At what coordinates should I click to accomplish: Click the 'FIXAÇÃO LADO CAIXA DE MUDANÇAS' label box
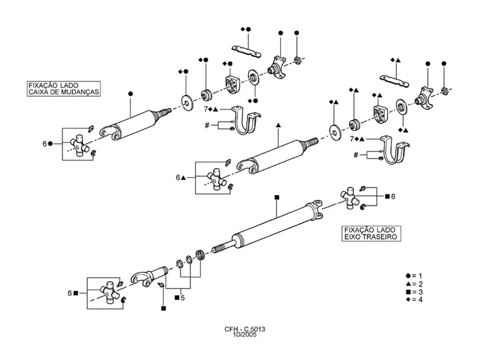pos(64,89)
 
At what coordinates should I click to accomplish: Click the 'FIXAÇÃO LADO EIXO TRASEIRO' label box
pos(371,233)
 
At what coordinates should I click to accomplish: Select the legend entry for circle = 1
pos(414,276)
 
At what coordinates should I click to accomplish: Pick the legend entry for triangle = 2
pos(414,284)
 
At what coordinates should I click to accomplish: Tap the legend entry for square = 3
pos(414,292)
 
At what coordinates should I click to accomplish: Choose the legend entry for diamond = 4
pos(414,300)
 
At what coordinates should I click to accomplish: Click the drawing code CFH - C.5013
pos(245,329)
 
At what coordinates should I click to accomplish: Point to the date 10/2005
pos(245,335)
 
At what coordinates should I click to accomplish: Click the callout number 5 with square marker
pos(180,298)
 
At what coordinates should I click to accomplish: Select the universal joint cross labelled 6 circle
pos(79,145)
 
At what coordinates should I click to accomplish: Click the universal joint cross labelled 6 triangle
pos(217,179)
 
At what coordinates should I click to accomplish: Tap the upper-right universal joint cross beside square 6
pos(350,198)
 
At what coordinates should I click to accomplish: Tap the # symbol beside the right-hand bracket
pos(356,155)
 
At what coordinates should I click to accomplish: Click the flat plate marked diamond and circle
pos(247,51)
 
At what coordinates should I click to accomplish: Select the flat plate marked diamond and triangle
pos(394,81)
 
